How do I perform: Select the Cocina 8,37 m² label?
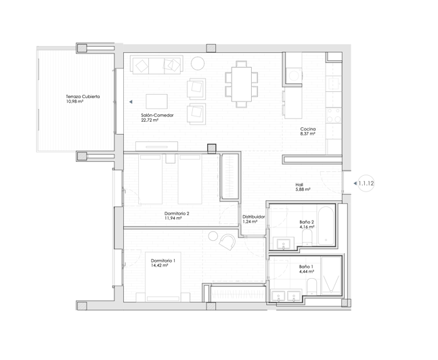tap(308, 131)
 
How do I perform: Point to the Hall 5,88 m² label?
tap(303, 187)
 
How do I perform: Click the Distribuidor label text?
tap(253, 217)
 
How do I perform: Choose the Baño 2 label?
tap(307, 224)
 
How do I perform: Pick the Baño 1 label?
tap(306, 269)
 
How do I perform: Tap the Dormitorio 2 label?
tap(177, 216)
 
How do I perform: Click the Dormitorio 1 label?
tap(163, 263)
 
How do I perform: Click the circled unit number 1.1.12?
tap(366, 183)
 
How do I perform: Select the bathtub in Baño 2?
tap(326, 225)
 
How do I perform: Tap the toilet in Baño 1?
tap(311, 286)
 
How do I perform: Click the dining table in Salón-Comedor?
tap(242, 84)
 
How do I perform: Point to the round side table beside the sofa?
tap(198, 64)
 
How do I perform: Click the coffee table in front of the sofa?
tap(156, 102)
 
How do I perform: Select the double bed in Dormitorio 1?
tap(163, 277)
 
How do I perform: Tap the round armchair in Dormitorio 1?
tap(227, 242)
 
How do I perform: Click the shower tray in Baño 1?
tap(331, 275)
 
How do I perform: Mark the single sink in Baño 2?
tap(284, 243)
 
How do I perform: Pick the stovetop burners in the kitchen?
tap(334, 115)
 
